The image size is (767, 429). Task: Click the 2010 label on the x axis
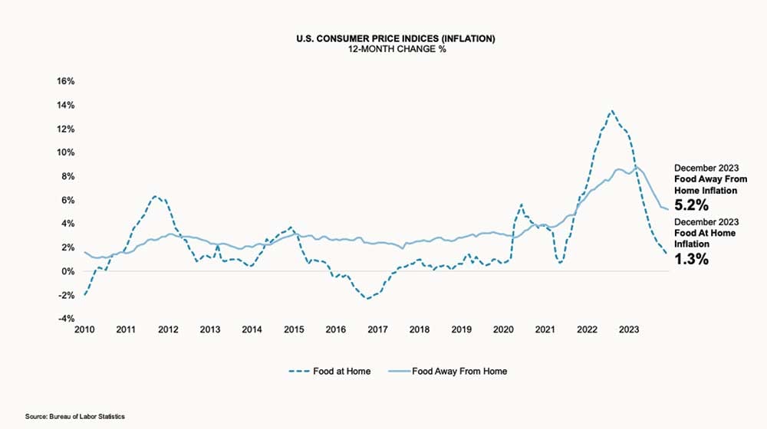(84, 330)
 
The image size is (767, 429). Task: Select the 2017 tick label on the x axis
(377, 330)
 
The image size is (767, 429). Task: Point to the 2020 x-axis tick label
(503, 330)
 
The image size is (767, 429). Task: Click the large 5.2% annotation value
(690, 205)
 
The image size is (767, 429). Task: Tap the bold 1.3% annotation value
(690, 259)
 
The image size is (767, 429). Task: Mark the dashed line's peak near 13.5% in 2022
(611, 110)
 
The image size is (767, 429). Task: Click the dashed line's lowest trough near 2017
(368, 298)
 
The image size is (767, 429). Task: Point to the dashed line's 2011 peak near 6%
(154, 196)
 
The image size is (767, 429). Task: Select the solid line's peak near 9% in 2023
(636, 165)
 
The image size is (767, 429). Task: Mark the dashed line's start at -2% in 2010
(84, 295)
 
